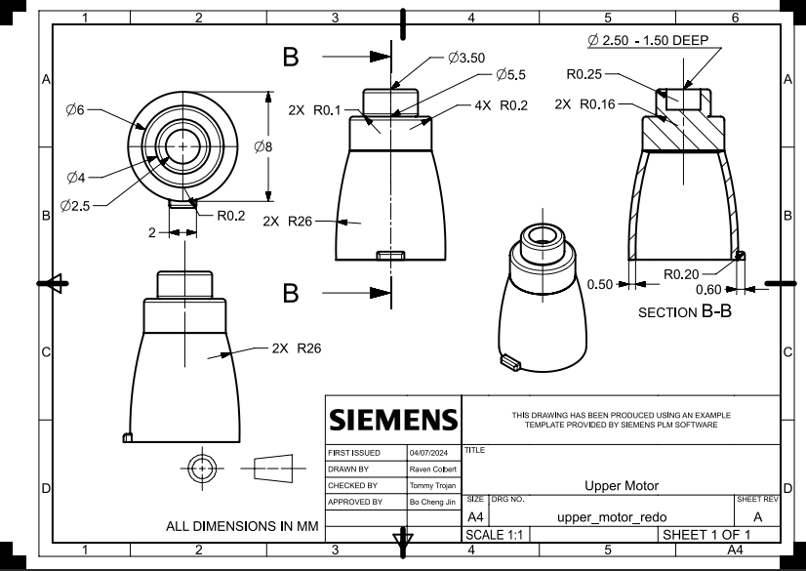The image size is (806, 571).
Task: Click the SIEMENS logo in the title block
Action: [392, 420]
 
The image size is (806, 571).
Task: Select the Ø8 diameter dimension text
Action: [263, 146]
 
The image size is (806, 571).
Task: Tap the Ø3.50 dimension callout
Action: [466, 58]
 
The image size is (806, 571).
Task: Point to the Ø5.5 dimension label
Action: [510, 74]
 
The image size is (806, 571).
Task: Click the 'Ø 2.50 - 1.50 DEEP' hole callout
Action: [647, 41]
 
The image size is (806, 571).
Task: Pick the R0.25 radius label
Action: [584, 72]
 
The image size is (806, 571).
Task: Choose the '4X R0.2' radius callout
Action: [500, 105]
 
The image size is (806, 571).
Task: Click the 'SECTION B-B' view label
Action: [684, 312]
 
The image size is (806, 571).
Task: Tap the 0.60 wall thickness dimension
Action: [708, 290]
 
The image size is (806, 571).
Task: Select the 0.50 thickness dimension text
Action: [601, 284]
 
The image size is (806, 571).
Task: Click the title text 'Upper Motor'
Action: [621, 485]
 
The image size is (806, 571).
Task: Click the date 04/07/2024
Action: [428, 454]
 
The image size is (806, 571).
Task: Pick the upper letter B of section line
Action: [290, 58]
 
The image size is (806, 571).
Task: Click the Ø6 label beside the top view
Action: [75, 110]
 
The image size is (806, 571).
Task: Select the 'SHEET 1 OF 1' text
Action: [705, 534]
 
